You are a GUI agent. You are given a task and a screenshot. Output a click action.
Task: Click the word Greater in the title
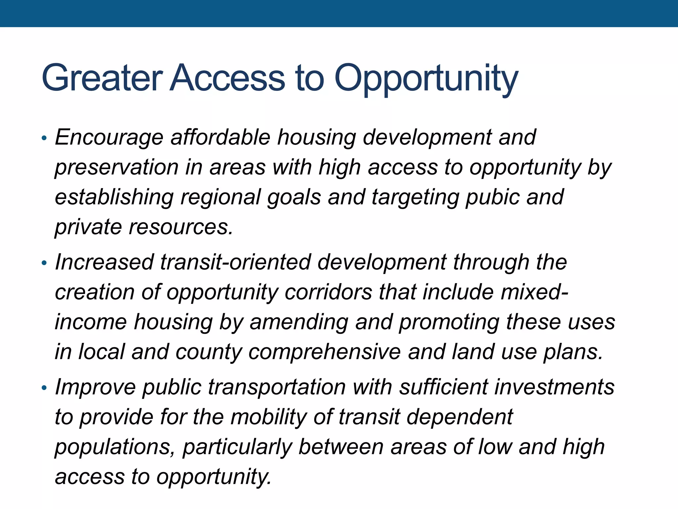click(102, 78)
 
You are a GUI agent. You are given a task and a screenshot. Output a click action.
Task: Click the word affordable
click(220, 137)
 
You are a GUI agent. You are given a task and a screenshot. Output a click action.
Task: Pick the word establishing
click(114, 198)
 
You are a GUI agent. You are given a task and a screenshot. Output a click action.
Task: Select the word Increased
click(104, 262)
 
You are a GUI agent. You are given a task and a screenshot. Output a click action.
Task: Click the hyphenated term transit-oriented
click(235, 262)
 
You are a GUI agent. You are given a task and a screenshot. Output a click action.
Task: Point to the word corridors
click(328, 292)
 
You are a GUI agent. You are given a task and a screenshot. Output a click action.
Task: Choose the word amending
click(299, 322)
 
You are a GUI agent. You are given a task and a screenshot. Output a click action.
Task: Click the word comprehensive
click(324, 352)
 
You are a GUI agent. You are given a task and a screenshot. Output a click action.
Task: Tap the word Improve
click(95, 387)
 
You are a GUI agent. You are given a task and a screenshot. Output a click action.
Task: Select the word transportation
click(277, 387)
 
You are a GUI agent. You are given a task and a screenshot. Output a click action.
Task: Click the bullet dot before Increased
click(44, 264)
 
